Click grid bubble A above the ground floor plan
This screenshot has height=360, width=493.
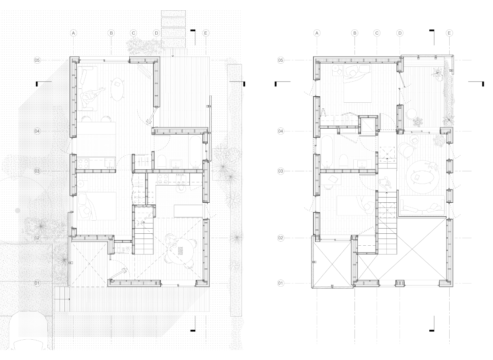[73, 33]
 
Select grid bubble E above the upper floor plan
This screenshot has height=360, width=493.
[449, 33]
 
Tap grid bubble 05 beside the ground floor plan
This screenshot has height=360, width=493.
[37, 60]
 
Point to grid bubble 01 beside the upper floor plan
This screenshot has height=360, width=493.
[281, 283]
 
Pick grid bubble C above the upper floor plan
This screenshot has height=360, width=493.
[377, 33]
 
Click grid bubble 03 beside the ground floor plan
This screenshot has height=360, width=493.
[37, 171]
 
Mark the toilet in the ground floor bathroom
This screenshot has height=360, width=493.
[162, 162]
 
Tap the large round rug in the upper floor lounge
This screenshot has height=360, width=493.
[421, 177]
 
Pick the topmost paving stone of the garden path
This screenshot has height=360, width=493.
[173, 14]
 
